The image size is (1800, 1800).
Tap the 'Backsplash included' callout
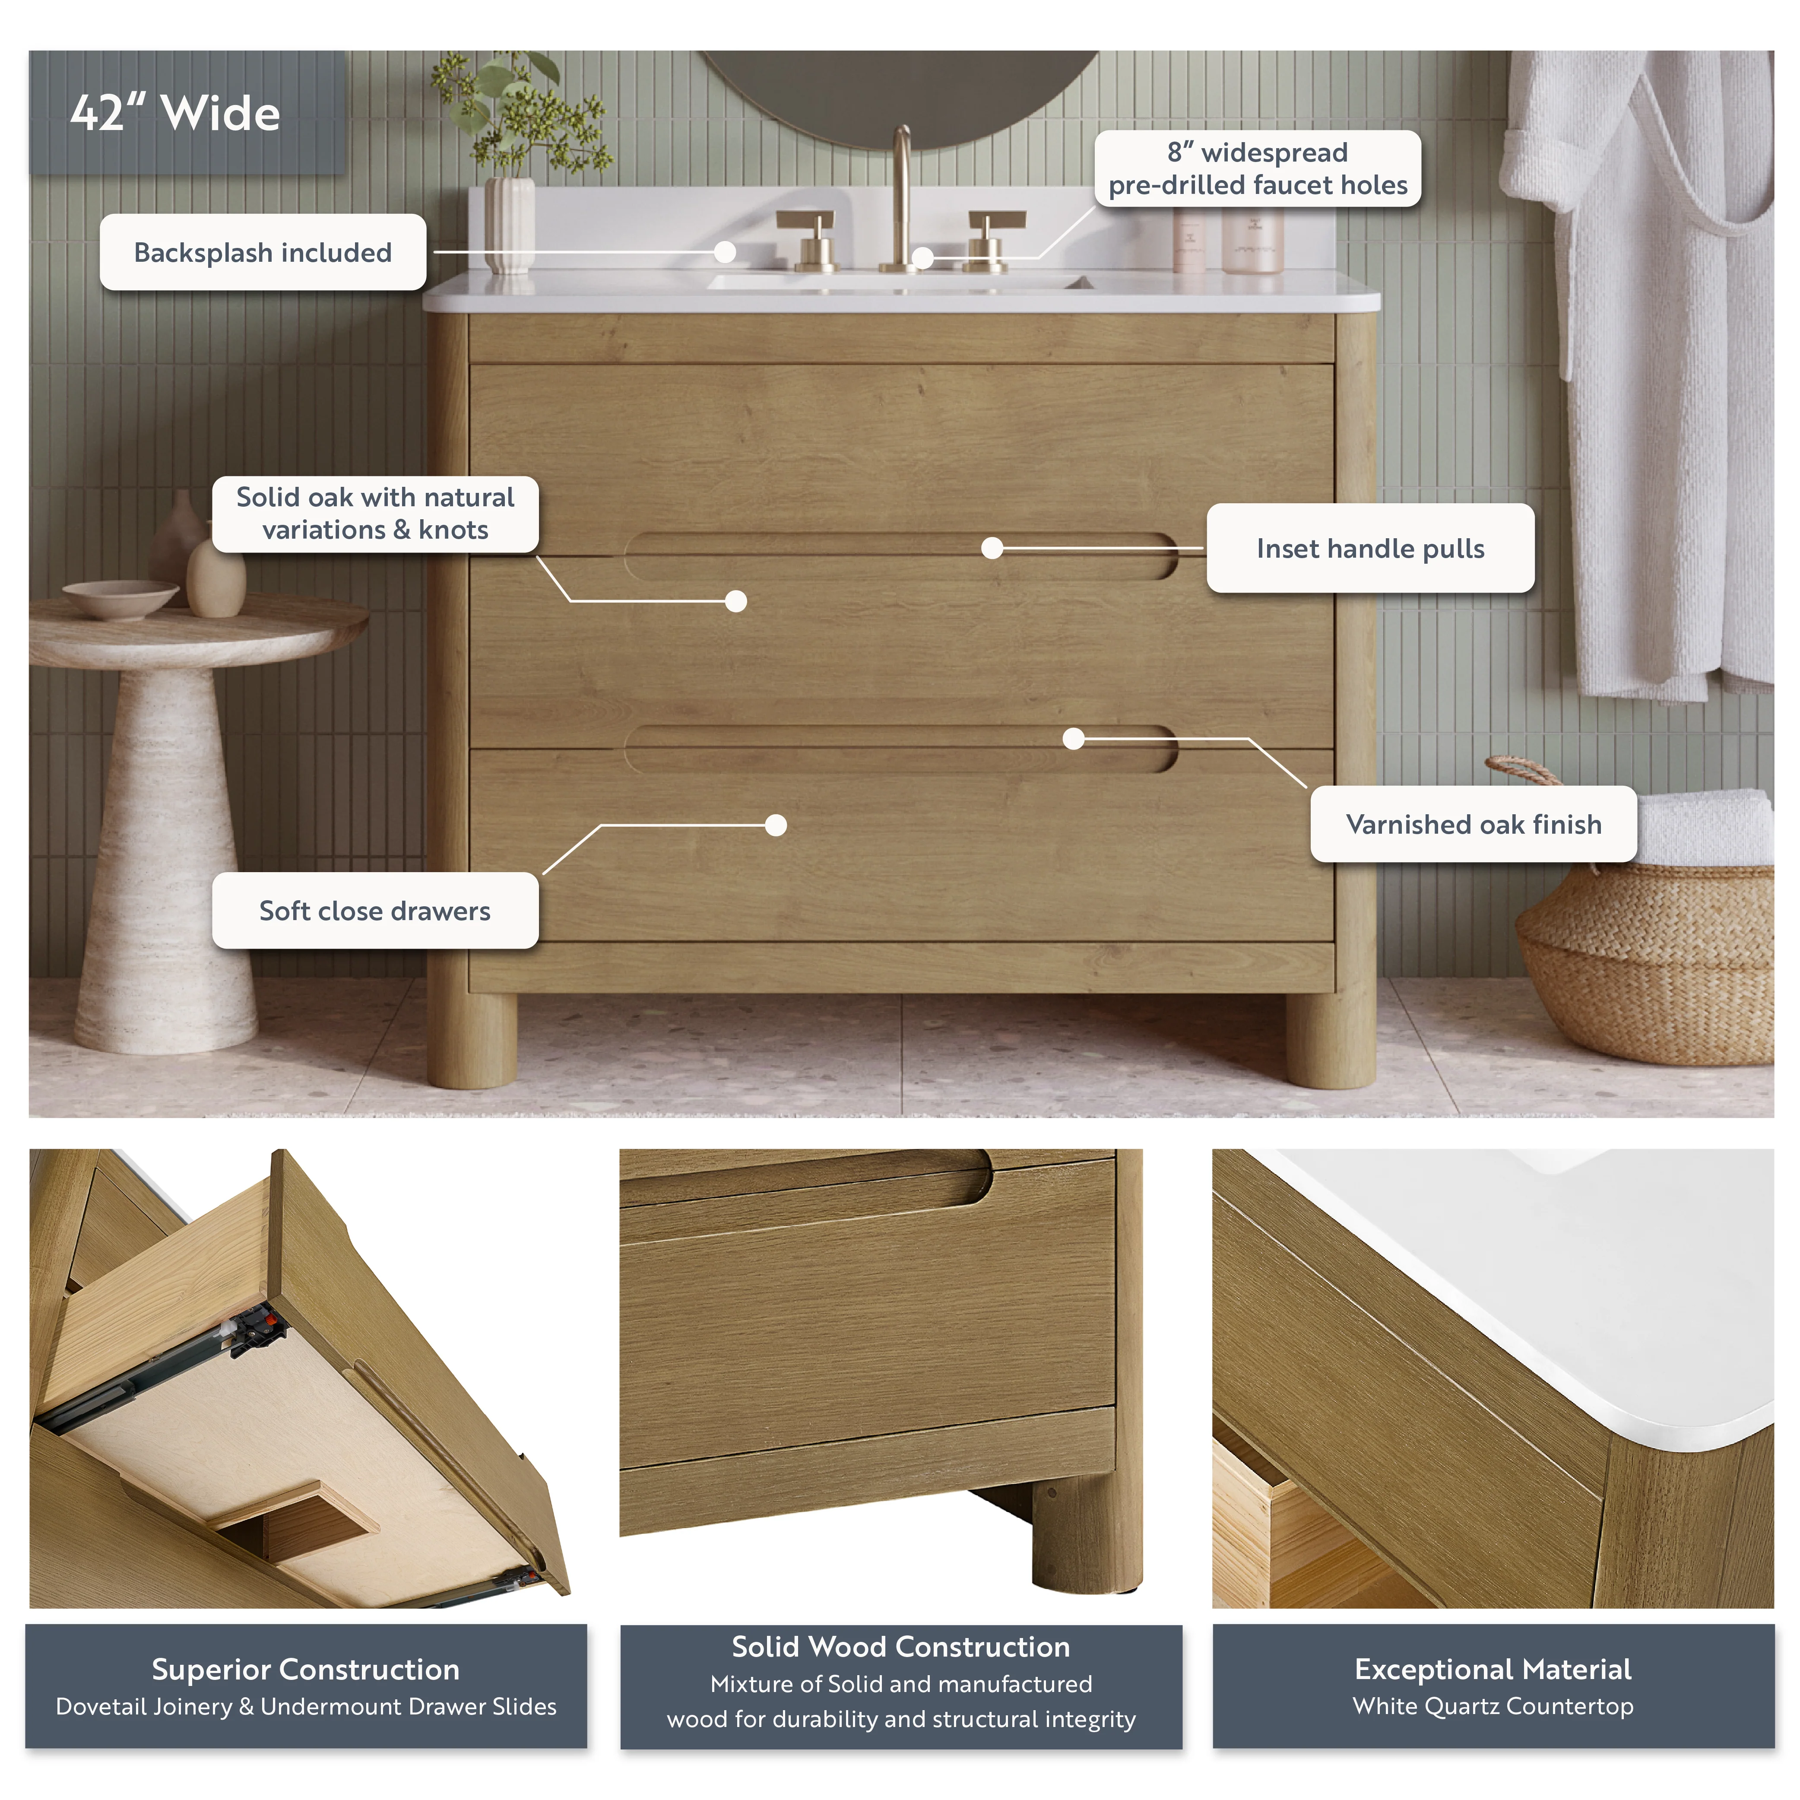click(263, 253)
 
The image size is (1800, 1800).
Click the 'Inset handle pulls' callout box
click(1370, 548)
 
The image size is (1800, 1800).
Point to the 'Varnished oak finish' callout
click(1474, 824)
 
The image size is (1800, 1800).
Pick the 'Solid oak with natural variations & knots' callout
click(375, 513)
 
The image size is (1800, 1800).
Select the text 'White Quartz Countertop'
click(1493, 1707)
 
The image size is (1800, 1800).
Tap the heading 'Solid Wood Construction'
click(901, 1647)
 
